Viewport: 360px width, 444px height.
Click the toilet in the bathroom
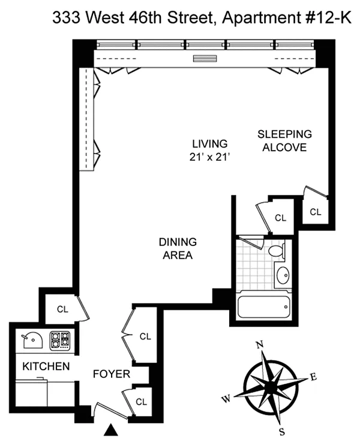click(x=276, y=251)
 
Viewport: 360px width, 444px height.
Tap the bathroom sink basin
click(x=283, y=275)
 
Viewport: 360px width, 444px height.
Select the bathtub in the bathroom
click(x=264, y=307)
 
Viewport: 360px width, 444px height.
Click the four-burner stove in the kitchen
click(x=60, y=340)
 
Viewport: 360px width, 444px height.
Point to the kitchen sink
click(x=32, y=341)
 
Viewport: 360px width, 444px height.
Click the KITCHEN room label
click(x=46, y=366)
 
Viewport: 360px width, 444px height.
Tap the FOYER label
click(x=112, y=374)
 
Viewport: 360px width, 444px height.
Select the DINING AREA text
click(x=178, y=248)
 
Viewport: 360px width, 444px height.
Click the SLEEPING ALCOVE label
click(x=284, y=140)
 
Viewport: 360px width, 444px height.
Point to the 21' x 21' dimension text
click(x=209, y=157)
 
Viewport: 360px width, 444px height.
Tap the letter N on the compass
click(x=259, y=344)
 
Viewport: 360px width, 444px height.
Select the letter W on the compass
click(x=226, y=399)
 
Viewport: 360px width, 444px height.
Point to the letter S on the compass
click(x=282, y=431)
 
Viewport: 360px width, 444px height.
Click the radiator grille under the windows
click(x=205, y=58)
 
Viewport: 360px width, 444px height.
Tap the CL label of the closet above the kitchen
click(x=62, y=309)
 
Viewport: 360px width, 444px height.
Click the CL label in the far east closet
click(x=316, y=212)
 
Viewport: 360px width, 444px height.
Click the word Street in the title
click(x=192, y=18)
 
